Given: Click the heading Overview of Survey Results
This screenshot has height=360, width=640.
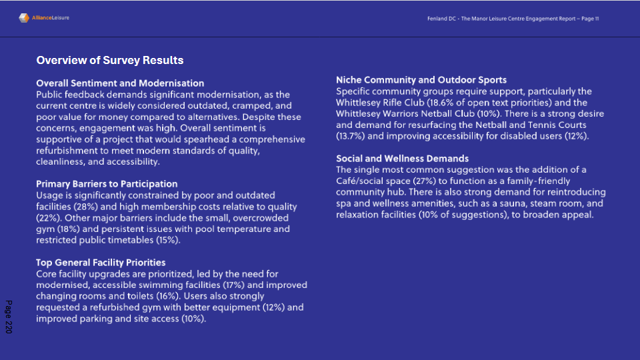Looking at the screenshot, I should [x=110, y=61].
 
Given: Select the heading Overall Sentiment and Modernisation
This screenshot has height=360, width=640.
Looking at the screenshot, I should [x=120, y=83].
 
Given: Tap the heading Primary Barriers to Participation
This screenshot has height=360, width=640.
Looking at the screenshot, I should [x=107, y=184].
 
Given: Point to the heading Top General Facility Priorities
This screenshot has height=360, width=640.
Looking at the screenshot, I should [x=101, y=263].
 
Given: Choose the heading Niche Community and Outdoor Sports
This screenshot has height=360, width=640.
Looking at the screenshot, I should [x=421, y=80].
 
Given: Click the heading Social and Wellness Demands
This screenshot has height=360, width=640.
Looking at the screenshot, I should [x=402, y=159].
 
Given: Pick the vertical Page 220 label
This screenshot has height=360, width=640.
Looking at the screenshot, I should [x=9, y=317].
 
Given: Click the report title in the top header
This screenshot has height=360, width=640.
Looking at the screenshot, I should [x=513, y=19].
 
